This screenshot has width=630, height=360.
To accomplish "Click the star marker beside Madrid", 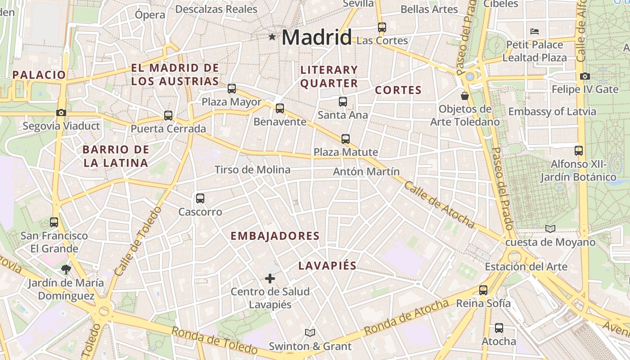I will coord(272,37).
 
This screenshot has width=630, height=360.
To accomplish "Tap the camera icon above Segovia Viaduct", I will coord(61,112).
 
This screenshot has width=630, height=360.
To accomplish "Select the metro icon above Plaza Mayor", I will coord(232,89).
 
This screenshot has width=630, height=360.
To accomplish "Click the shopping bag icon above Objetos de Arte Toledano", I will coord(465,96).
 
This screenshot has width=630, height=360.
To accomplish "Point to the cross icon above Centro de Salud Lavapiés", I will coord(270,279).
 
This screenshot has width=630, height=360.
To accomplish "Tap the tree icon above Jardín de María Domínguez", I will coord(66,270).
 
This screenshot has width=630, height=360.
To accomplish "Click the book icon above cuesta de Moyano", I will coord(550,229).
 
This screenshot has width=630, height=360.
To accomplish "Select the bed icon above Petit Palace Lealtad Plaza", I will coord(535,31).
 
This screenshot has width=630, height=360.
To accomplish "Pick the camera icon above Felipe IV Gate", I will coord(585,76).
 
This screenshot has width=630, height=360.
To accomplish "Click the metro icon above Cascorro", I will coord(200,198).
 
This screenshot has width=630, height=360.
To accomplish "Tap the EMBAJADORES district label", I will coord(275,236).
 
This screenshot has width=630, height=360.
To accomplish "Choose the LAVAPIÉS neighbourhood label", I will coord(327,266).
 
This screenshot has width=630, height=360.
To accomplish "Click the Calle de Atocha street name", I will coord(439,205).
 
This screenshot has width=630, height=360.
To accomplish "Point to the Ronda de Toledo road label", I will coord(214,340).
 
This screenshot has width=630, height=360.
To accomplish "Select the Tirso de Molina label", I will coord(252,170).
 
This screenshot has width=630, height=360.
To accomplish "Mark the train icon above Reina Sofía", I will coord(483,290).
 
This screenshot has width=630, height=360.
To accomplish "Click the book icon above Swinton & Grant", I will coord(310,333).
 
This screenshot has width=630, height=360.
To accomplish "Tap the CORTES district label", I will coord(398,90).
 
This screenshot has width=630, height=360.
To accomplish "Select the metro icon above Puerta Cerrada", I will coord(168,116).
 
